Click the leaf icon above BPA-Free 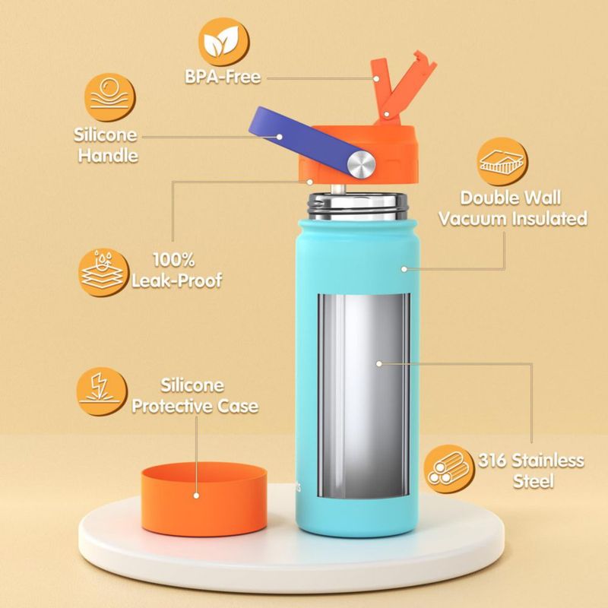(x=224, y=43)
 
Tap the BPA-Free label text (x=223, y=77)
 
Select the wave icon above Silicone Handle (x=110, y=97)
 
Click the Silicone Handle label (x=106, y=145)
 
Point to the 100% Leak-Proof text (x=176, y=270)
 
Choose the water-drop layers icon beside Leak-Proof (x=104, y=273)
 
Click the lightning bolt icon (x=102, y=391)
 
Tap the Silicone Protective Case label (x=195, y=396)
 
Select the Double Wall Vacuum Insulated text (x=512, y=208)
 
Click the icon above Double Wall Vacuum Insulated (x=502, y=162)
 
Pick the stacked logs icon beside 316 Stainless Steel (x=449, y=469)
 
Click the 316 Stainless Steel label (x=531, y=470)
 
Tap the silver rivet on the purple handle (x=361, y=164)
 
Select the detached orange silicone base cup (x=204, y=499)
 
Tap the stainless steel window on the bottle (x=364, y=395)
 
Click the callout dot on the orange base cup (x=196, y=496)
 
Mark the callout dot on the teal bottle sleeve (x=404, y=268)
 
